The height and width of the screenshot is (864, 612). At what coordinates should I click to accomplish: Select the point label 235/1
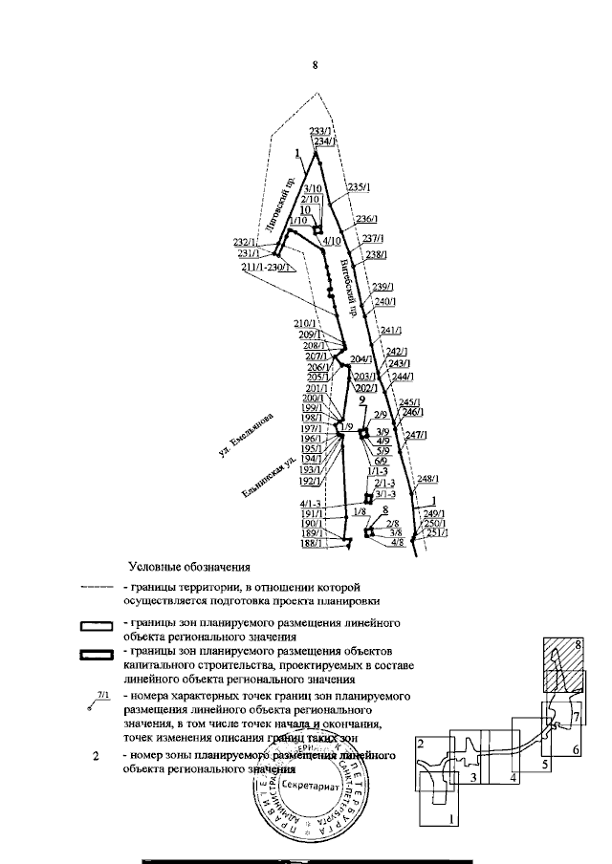pyautogui.click(x=358, y=187)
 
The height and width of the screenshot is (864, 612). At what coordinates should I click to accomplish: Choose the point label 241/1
pyautogui.click(x=389, y=331)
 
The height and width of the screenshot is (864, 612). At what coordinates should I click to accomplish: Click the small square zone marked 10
pyautogui.click(x=318, y=228)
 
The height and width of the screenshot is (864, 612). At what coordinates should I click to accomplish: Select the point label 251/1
pyautogui.click(x=435, y=532)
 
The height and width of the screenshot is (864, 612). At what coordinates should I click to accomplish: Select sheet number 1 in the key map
pyautogui.click(x=450, y=819)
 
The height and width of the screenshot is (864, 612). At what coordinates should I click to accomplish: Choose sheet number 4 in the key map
pyautogui.click(x=513, y=779)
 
